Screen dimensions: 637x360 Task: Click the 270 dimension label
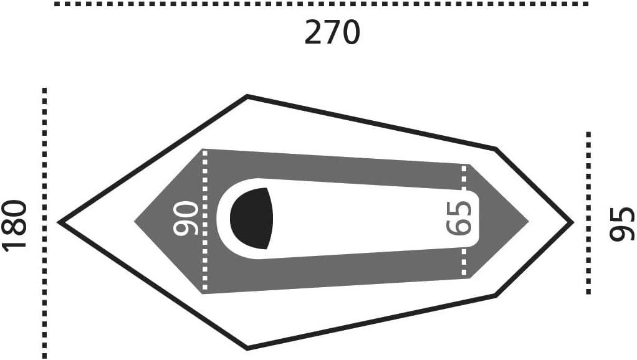tap(332, 32)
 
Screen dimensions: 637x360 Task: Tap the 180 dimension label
tap(15, 225)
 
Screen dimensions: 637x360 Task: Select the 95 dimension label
tap(622, 224)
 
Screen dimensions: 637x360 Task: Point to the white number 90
tap(186, 218)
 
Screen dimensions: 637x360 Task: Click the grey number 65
tap(459, 218)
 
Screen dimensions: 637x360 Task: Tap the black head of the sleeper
tap(251, 219)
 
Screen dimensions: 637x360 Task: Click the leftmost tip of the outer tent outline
tap(59, 222)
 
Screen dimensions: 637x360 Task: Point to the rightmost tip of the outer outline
tap(573, 222)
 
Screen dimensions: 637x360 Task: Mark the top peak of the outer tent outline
tap(247, 96)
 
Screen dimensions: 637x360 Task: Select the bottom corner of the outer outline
tap(247, 348)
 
